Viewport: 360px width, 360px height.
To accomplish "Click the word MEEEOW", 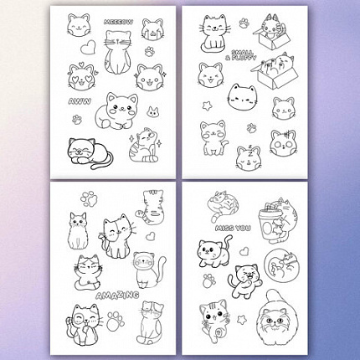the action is tap(118, 22).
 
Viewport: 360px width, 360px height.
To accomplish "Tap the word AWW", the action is tap(80, 101).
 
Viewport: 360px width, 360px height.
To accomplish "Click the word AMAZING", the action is tap(117, 295).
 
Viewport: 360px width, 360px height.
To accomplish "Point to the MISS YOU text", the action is tap(233, 229).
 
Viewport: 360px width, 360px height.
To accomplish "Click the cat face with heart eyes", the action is tap(80, 76).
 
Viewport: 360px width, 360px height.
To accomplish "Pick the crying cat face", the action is tap(152, 29).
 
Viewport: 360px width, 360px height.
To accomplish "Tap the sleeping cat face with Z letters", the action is tap(249, 158).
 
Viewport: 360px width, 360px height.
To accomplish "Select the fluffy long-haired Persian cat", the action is tap(275, 320).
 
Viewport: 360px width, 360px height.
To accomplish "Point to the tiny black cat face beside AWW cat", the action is tap(153, 111).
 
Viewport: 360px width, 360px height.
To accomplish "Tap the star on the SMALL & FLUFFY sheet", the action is tap(207, 105).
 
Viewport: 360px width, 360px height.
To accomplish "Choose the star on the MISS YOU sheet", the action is tap(241, 320).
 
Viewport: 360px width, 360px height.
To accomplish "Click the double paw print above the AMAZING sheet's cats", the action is tap(89, 198).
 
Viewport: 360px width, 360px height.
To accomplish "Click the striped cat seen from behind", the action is tap(150, 207).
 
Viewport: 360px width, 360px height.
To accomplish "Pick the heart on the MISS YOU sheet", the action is tap(244, 250).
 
